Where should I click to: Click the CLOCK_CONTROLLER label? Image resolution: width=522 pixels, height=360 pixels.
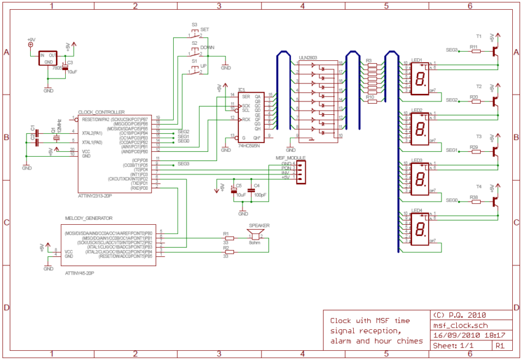pos(101,112)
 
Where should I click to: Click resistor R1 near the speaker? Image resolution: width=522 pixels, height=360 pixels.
pos(230,239)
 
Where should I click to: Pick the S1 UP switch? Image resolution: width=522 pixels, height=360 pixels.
pos(195,71)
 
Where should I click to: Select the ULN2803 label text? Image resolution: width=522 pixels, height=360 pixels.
pos(308,57)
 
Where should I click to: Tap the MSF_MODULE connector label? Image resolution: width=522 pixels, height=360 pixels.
pos(290,158)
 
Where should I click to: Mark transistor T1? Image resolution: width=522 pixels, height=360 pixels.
pos(496,52)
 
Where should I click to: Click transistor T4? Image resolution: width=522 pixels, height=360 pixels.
pos(496,201)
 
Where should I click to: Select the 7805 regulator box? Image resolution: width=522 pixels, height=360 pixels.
pos(49,59)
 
